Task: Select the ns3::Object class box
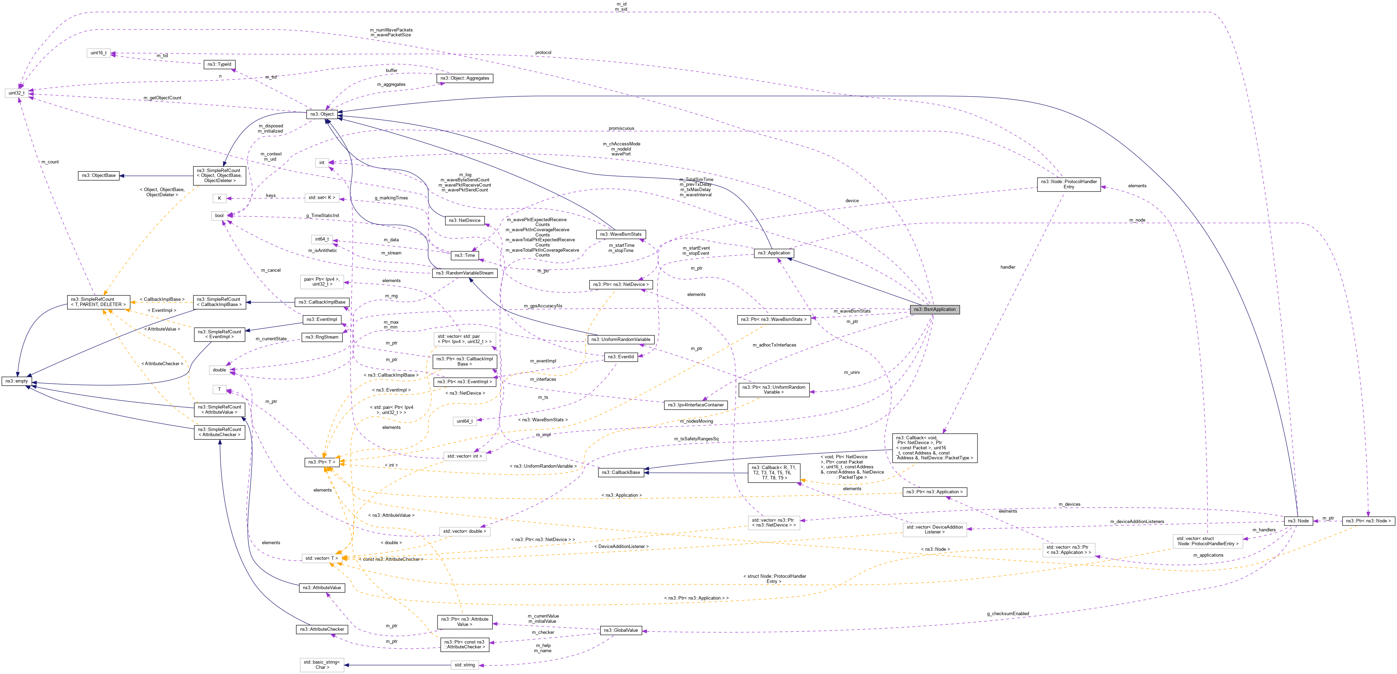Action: click(x=322, y=114)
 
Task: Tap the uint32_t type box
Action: click(x=16, y=93)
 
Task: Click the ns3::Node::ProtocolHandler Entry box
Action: click(x=1069, y=185)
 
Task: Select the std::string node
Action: click(x=465, y=665)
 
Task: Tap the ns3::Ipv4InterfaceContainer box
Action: click(x=695, y=405)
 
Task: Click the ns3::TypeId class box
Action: click(x=219, y=64)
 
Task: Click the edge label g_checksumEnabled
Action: click(x=1008, y=614)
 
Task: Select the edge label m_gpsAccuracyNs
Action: click(x=543, y=306)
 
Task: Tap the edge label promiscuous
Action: click(x=621, y=128)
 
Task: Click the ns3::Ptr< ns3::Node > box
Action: click(x=1368, y=521)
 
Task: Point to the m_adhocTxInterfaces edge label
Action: click(x=774, y=345)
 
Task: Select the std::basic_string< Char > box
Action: click(x=322, y=665)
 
